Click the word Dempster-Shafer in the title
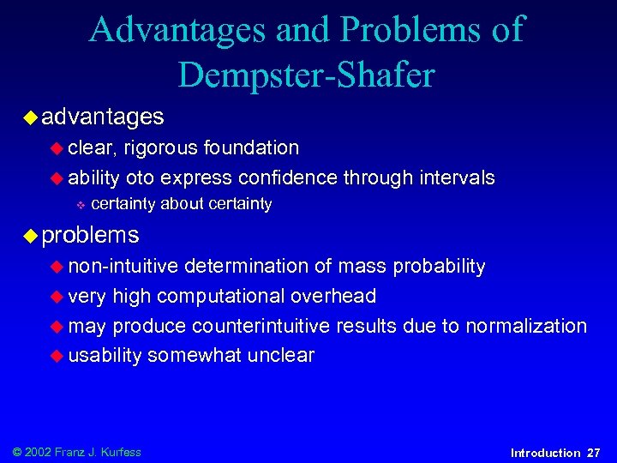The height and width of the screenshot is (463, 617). click(x=306, y=75)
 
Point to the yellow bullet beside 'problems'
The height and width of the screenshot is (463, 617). click(x=32, y=234)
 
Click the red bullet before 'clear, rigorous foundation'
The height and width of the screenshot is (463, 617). click(x=57, y=148)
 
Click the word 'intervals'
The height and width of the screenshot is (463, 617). click(x=455, y=178)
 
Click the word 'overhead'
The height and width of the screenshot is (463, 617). click(x=333, y=297)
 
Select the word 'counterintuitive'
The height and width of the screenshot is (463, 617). click(x=261, y=326)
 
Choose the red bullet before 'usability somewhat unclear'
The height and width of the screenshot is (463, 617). click(x=57, y=356)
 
